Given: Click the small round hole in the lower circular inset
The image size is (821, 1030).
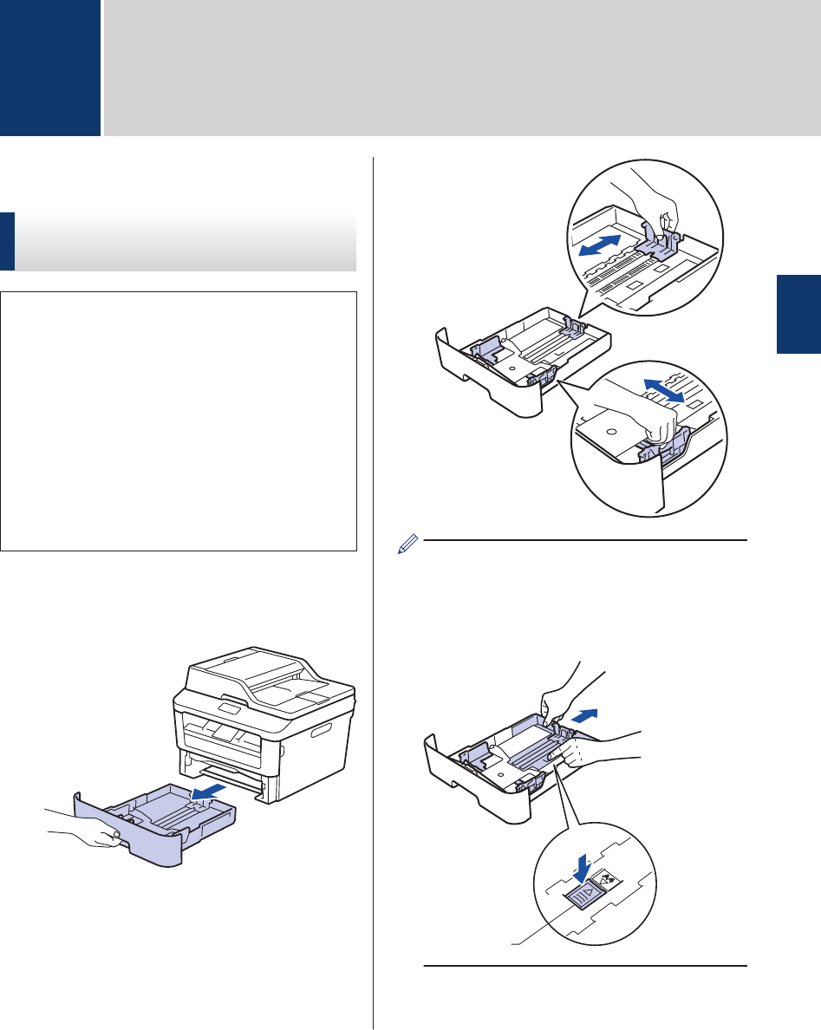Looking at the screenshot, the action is (x=610, y=430).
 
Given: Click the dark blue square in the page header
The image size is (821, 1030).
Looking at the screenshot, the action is (x=49, y=68).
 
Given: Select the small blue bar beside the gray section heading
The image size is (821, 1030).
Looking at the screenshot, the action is (x=7, y=242).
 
